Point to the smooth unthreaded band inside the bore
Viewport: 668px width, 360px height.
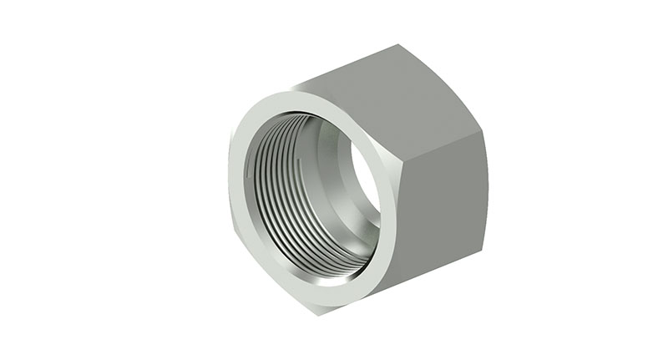tap(334, 159)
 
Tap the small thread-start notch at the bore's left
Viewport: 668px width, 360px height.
tap(251, 170)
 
